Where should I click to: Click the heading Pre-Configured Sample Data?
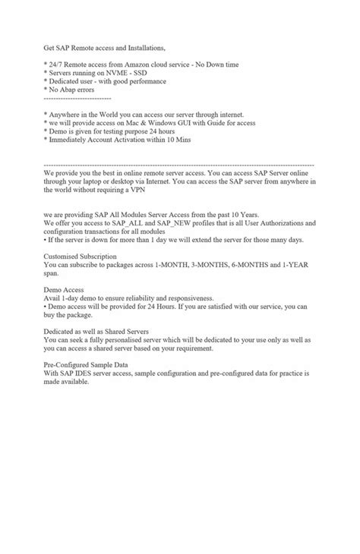86,365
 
